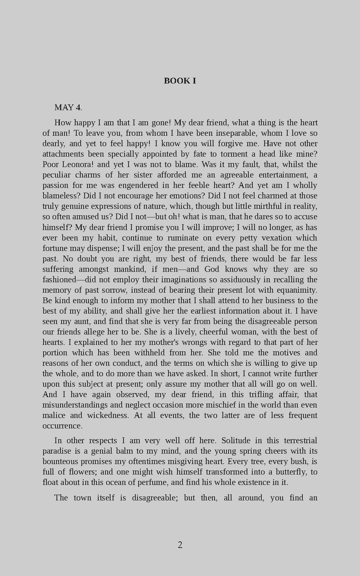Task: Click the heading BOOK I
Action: click(180, 81)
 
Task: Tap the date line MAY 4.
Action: click(68, 107)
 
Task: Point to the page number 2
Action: click(180, 545)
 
